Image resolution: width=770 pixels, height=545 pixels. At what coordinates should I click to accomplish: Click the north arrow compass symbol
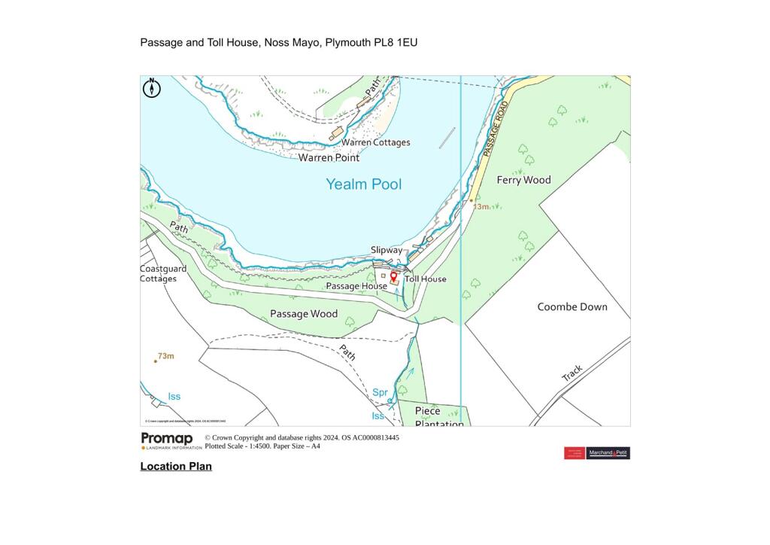[x=152, y=88]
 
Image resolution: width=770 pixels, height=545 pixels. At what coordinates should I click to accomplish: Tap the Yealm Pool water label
[x=363, y=184]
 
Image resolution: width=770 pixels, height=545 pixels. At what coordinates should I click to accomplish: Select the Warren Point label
[x=329, y=158]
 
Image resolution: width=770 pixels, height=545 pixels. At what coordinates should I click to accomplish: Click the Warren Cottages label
[x=376, y=142]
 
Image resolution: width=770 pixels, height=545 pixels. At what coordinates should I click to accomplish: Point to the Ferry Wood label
[x=523, y=180]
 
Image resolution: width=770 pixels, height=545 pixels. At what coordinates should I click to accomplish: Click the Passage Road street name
[x=496, y=129]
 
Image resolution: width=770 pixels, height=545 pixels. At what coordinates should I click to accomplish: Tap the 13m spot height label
[x=480, y=206]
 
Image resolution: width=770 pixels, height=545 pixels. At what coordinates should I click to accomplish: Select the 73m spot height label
[x=165, y=356]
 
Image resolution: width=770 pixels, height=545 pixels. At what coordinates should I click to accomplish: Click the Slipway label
[x=387, y=250]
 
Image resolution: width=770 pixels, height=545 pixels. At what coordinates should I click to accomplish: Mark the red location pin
[x=394, y=278]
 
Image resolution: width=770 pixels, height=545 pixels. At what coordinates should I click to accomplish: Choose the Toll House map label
[x=426, y=279]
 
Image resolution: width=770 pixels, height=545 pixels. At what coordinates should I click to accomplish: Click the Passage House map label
[x=356, y=287]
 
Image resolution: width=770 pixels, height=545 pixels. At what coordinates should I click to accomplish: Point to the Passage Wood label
[x=304, y=314]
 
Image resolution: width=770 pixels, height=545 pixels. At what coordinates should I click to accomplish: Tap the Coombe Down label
[x=572, y=307]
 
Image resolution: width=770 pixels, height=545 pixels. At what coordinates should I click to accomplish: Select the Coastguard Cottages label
[x=159, y=274]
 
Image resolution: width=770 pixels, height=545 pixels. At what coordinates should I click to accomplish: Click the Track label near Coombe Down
[x=572, y=373]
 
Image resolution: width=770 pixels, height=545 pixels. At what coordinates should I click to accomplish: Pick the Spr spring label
[x=380, y=393]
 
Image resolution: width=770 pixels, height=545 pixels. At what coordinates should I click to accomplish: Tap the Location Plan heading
[x=176, y=467]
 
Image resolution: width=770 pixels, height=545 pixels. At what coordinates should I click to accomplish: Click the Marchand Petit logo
[x=608, y=453]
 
